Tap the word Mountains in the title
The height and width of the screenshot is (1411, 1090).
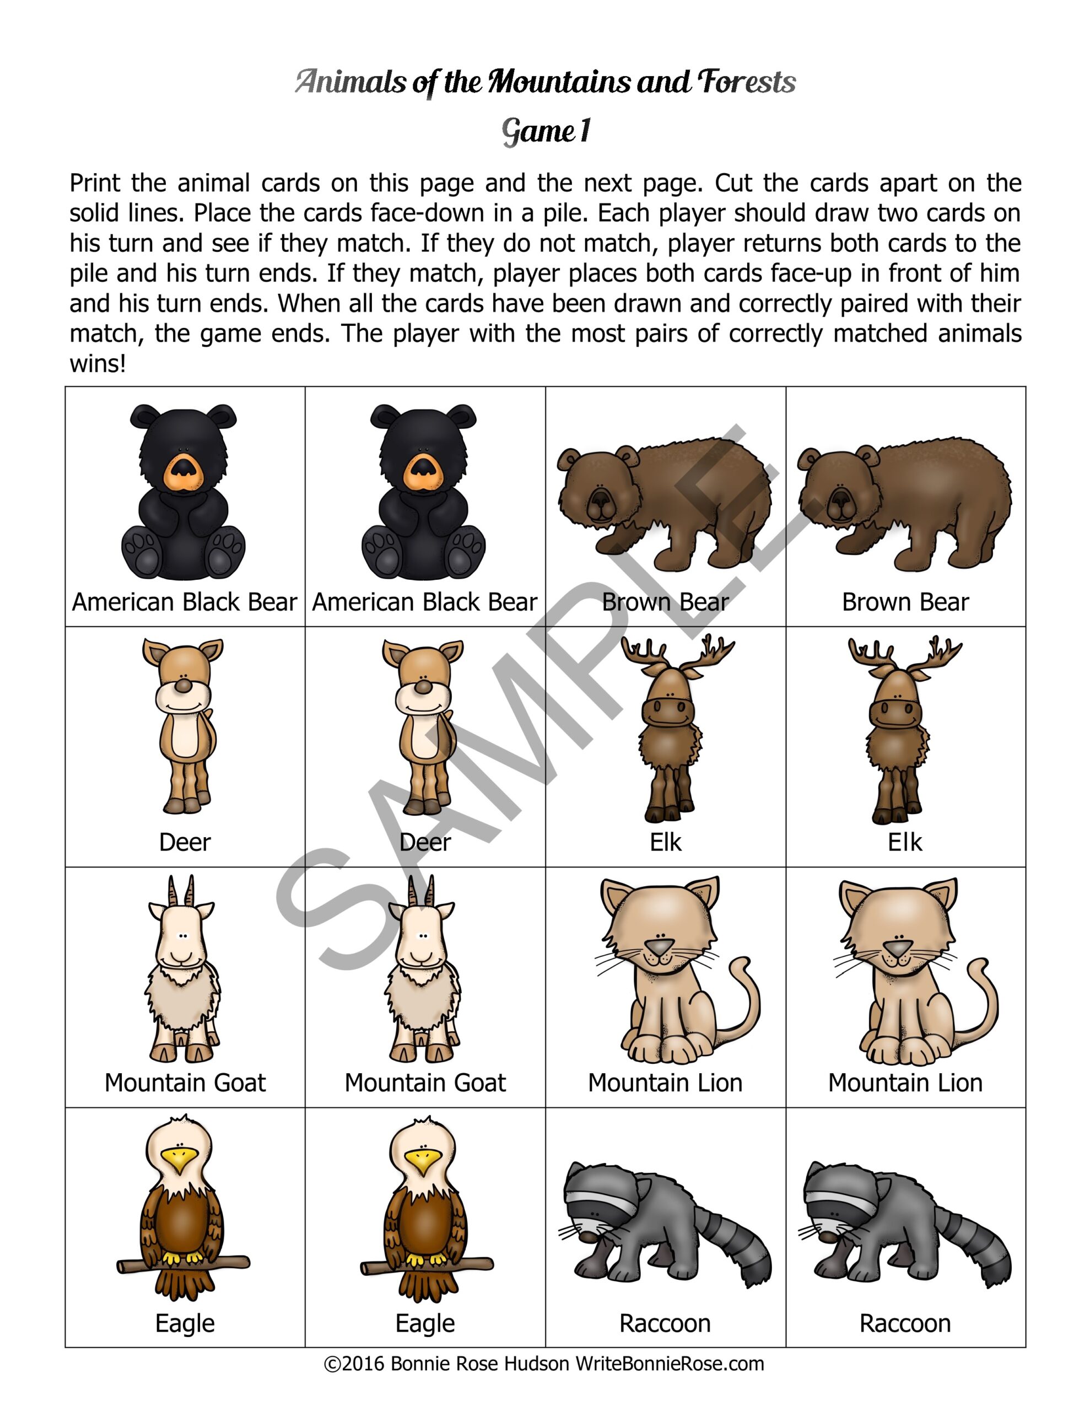(x=559, y=82)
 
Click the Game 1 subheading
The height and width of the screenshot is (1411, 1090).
(x=546, y=131)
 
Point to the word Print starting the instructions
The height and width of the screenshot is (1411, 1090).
(x=94, y=184)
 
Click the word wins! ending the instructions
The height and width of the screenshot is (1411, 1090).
(x=98, y=364)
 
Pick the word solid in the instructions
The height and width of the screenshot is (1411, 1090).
(x=95, y=213)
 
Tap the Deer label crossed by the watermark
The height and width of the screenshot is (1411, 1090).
(x=425, y=842)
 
